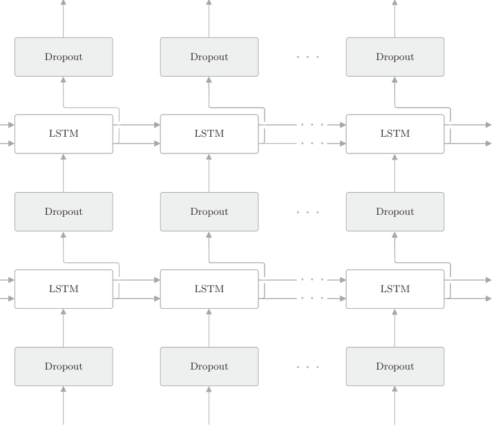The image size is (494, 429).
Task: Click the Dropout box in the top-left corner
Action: [x=64, y=57]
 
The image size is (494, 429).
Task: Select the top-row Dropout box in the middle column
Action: [x=209, y=57]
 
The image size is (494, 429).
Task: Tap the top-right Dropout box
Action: [x=395, y=57]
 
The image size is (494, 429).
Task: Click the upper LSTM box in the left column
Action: [x=64, y=134]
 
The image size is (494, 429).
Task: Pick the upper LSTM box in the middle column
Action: [x=209, y=134]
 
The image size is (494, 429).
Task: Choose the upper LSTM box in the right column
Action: [x=395, y=134]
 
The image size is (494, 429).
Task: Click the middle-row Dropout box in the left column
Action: [x=64, y=211]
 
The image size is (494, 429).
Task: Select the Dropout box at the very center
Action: [x=209, y=211]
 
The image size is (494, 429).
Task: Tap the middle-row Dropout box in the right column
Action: [x=395, y=211]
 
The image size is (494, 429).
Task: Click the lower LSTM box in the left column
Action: [x=64, y=289]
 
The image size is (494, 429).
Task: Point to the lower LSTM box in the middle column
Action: [x=209, y=289]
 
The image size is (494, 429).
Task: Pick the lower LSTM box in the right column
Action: [x=395, y=289]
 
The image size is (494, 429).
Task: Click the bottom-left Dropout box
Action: [x=64, y=367]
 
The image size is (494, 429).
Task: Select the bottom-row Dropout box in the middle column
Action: [x=209, y=367]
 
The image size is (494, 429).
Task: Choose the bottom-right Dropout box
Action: [x=395, y=367]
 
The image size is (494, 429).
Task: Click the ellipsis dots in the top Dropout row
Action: [x=307, y=57]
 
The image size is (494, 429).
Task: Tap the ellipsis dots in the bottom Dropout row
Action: [x=307, y=367]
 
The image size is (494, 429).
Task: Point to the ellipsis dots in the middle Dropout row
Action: [x=307, y=212]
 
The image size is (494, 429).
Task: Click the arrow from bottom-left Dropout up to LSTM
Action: [x=64, y=328]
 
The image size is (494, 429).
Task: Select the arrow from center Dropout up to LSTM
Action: [x=209, y=173]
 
